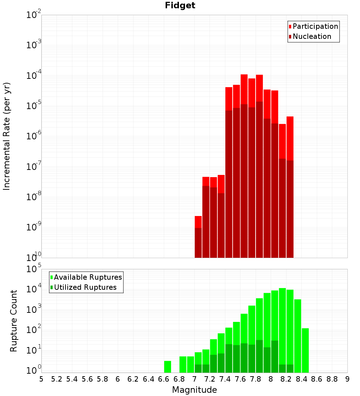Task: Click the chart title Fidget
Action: pos(180,5)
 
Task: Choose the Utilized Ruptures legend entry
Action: pos(85,287)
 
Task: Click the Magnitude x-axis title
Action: pos(194,390)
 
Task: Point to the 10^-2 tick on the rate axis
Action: pos(34,15)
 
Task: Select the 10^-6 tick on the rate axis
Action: pos(34,136)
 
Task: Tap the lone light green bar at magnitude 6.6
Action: pos(167,367)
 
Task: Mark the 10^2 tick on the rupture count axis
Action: pos(34,330)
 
